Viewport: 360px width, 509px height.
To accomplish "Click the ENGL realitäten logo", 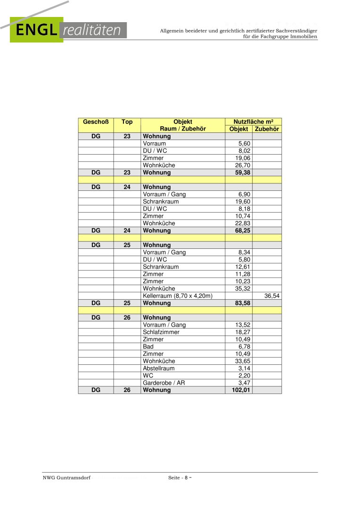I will tap(69, 30).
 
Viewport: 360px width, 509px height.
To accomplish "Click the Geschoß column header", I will tap(96, 122).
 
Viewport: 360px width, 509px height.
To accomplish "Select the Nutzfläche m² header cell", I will tap(254, 122).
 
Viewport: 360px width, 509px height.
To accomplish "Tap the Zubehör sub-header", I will tap(267, 129).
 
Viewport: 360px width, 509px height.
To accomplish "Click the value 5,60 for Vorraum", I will tap(244, 144).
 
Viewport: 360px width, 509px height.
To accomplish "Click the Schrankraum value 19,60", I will tap(243, 202).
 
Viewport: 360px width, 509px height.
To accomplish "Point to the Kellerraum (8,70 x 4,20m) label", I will tap(178, 296).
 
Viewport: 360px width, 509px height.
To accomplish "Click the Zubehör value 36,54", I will tap(272, 296).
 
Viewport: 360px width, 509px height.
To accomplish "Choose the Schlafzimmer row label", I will tap(161, 332).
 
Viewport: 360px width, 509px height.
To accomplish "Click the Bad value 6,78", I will tap(244, 346).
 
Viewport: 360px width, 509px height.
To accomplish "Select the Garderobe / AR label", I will tap(164, 383).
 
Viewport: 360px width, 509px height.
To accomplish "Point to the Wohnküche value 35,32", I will tap(243, 288).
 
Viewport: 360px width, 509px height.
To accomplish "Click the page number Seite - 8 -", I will tap(181, 478).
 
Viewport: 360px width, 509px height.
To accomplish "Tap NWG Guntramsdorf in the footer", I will tap(66, 478).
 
